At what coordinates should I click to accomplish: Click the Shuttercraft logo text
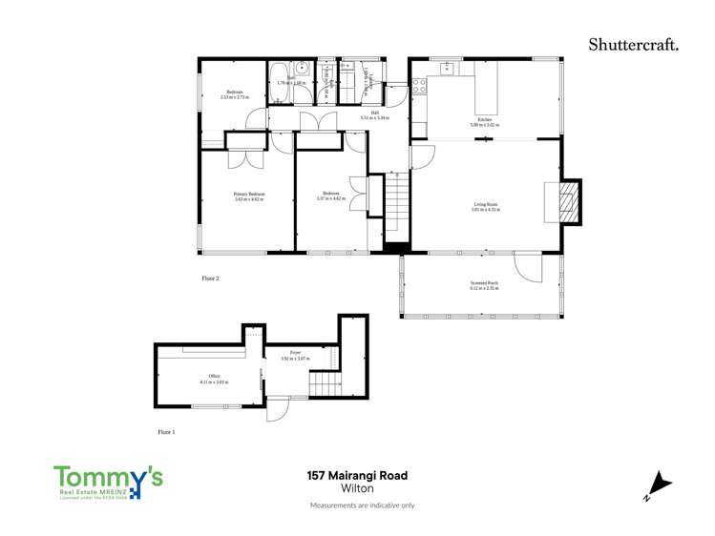pos(634,43)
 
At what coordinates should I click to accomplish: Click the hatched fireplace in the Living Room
pos(568,202)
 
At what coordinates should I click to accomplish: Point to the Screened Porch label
pos(485,286)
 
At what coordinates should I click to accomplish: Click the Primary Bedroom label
pos(248,196)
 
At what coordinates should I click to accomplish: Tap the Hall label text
pos(375,114)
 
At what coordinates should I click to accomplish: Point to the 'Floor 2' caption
pos(210,278)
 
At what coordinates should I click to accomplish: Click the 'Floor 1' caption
pos(167,432)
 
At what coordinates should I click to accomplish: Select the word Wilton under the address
pos(357,487)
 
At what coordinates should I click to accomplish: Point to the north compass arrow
pos(659,485)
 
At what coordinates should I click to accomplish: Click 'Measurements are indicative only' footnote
pos(362,505)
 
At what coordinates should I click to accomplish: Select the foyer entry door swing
pos(277,411)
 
